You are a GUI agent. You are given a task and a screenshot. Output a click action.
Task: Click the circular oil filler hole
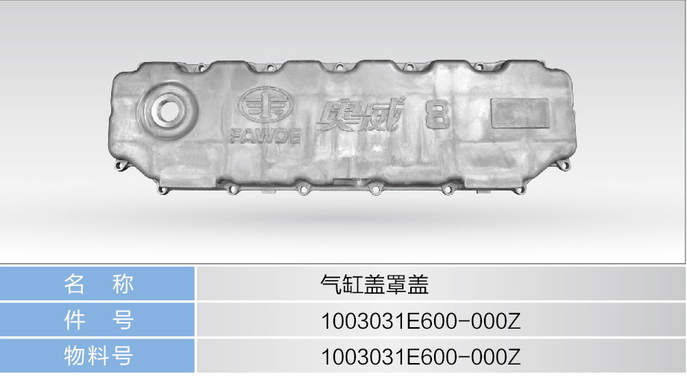pyautogui.click(x=166, y=111)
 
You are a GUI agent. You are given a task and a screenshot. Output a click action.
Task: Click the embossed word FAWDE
pyautogui.click(x=266, y=137)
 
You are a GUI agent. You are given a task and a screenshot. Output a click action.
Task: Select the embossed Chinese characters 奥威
pyautogui.click(x=360, y=115)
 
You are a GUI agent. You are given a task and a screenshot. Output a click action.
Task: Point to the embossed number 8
pyautogui.click(x=437, y=115)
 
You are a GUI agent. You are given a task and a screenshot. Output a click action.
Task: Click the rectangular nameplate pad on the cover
pyautogui.click(x=520, y=114)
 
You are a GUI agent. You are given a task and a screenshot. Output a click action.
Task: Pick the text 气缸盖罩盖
pyautogui.click(x=374, y=285)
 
